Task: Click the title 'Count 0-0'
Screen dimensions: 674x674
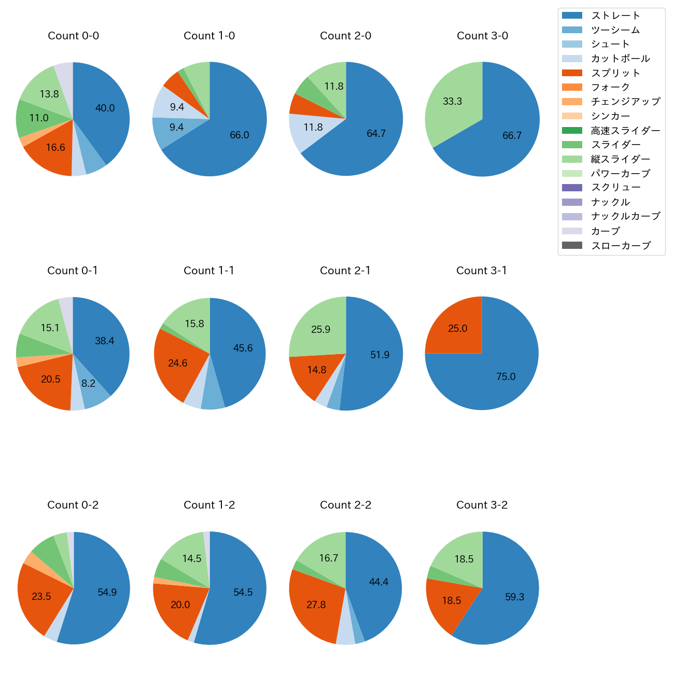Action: pyautogui.click(x=73, y=36)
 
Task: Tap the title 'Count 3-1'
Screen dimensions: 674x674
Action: pyautogui.click(x=482, y=271)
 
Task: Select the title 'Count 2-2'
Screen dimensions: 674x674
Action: pyautogui.click(x=345, y=505)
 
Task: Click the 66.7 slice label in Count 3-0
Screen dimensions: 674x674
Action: pyautogui.click(x=512, y=135)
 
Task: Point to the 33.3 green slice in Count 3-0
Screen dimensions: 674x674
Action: pyautogui.click(x=452, y=102)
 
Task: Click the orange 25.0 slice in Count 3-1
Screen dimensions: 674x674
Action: pyautogui.click(x=458, y=329)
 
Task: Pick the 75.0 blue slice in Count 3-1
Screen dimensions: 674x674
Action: pyautogui.click(x=505, y=376)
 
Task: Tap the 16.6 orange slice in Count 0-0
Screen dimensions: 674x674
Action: pyautogui.click(x=55, y=148)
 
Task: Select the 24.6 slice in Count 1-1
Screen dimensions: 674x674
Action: pyautogui.click(x=177, y=363)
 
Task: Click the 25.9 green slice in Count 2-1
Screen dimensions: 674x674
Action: pyautogui.click(x=321, y=329)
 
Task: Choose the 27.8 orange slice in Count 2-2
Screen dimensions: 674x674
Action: pyautogui.click(x=316, y=605)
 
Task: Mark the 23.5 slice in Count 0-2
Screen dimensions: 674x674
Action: pyautogui.click(x=41, y=596)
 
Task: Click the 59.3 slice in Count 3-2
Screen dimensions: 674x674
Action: pyautogui.click(x=514, y=597)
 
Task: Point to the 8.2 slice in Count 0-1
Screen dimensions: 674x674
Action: pyautogui.click(x=89, y=384)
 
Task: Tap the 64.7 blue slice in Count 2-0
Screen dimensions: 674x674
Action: pyautogui.click(x=376, y=133)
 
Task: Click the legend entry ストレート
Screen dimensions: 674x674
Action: pyautogui.click(x=615, y=16)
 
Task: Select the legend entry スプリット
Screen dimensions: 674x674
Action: pyautogui.click(x=615, y=73)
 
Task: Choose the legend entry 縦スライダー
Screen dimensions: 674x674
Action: pyautogui.click(x=620, y=159)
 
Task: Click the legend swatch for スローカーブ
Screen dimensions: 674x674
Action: pyautogui.click(x=572, y=245)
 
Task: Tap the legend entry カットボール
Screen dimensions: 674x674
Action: pyautogui.click(x=620, y=59)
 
